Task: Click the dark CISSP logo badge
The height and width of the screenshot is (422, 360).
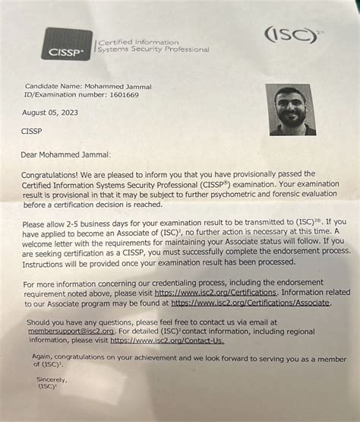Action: tap(68, 45)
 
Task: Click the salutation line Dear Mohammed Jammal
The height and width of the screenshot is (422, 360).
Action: tap(66, 154)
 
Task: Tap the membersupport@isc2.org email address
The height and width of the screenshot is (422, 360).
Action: tap(62, 332)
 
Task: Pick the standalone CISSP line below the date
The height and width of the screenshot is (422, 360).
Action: tap(33, 131)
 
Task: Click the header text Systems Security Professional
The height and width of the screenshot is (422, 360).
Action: tap(152, 50)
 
